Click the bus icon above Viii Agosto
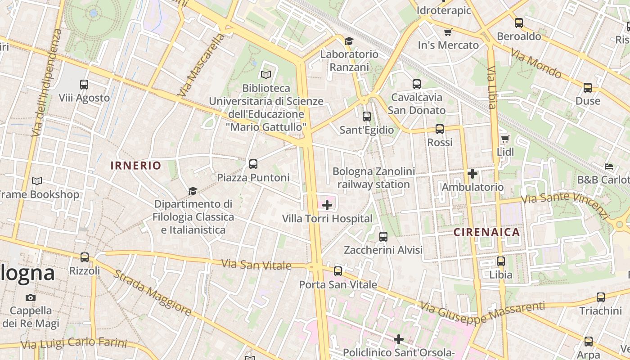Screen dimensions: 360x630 point(84,84)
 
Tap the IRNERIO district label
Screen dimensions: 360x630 point(136,165)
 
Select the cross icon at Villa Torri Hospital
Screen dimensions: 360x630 point(327,206)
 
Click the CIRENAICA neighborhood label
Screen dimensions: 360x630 point(486,232)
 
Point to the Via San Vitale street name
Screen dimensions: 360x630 point(256,265)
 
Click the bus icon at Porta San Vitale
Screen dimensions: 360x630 point(338,271)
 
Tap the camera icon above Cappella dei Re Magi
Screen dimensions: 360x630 point(31,297)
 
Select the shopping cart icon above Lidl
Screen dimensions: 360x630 point(505,139)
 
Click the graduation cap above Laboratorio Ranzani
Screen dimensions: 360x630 point(349,41)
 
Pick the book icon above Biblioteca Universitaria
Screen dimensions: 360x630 point(266,75)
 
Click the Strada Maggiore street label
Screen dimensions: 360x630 point(152,292)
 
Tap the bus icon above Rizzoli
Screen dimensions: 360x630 point(85,257)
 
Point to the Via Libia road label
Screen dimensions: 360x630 point(491,88)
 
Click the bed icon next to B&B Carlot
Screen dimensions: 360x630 point(609,166)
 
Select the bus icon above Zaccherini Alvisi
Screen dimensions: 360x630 point(383,236)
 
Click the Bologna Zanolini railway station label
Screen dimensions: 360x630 point(373,178)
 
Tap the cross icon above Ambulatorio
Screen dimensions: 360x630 point(472,173)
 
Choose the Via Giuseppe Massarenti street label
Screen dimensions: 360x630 point(482,313)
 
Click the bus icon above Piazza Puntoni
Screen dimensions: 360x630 point(253,164)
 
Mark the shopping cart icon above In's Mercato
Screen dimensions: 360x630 point(448,32)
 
